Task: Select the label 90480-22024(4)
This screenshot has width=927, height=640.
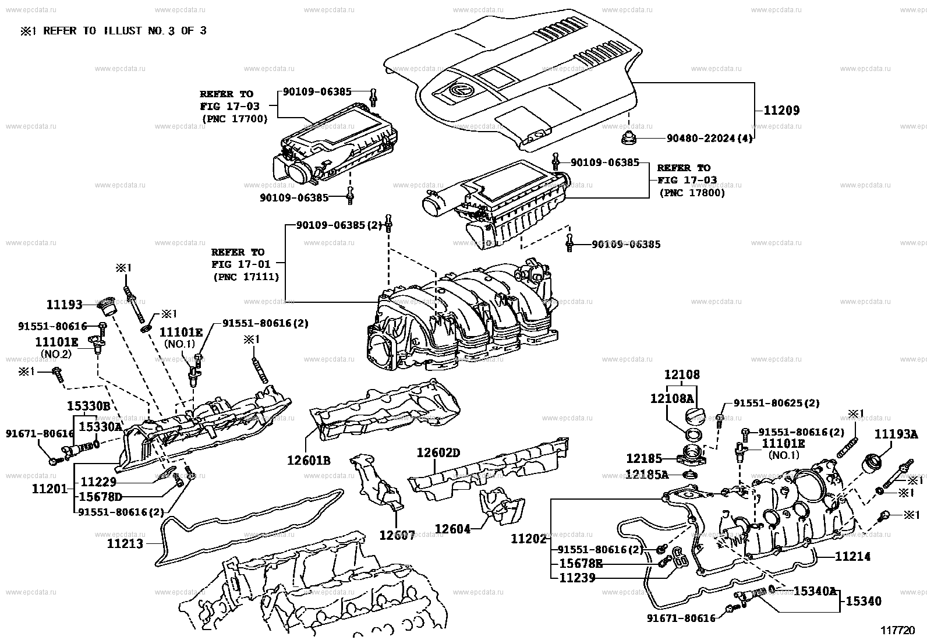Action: [710, 139]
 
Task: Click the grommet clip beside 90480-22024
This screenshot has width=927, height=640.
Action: [629, 139]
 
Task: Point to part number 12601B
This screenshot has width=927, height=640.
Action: [309, 461]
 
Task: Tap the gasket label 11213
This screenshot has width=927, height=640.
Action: [125, 544]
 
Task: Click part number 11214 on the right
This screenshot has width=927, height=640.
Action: [852, 557]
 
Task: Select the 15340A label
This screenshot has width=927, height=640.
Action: [815, 591]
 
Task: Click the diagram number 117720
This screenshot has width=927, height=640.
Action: [898, 630]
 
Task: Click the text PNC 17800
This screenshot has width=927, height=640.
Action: [692, 193]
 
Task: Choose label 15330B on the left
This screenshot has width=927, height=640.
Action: [88, 405]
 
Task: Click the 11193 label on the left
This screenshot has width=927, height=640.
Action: [64, 304]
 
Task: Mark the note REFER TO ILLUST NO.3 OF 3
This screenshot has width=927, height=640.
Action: [114, 31]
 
